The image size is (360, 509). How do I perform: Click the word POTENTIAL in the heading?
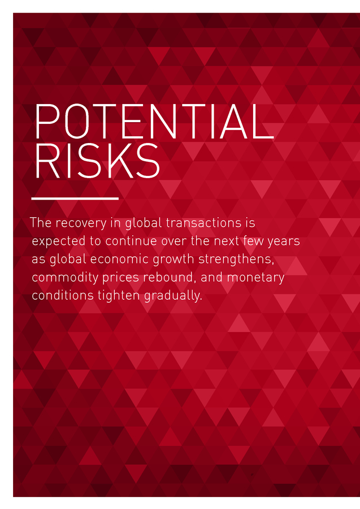coord(154,121)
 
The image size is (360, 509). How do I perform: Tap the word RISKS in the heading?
coord(97,161)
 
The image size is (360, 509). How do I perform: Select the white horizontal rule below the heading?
coord(75,199)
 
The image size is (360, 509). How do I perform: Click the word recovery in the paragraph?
coord(81,223)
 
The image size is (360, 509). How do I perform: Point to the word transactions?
coord(203,223)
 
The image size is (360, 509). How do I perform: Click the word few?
coord(254,241)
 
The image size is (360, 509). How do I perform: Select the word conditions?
coord(63,296)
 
